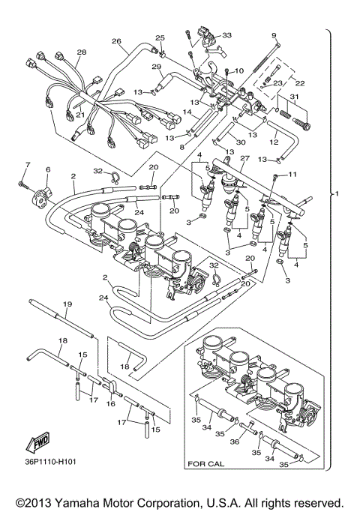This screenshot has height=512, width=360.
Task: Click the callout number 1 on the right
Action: point(338,194)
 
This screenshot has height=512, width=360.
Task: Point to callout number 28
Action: point(82,52)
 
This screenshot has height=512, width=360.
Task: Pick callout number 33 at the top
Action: point(226,34)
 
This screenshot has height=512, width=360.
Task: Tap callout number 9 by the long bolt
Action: point(274,35)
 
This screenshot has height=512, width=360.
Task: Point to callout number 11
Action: point(293,175)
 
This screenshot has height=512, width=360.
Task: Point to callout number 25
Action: point(160,37)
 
